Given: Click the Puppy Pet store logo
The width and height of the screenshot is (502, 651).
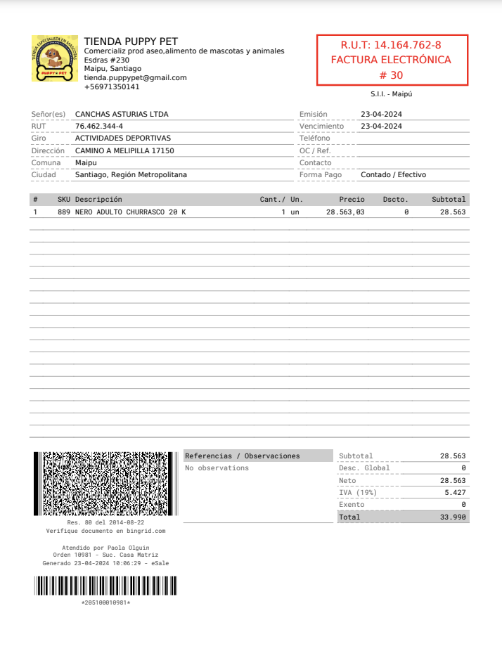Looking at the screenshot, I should click(55, 58).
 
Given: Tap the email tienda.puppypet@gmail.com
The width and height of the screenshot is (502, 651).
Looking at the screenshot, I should click(135, 77).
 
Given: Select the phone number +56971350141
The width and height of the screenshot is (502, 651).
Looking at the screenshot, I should click(112, 86).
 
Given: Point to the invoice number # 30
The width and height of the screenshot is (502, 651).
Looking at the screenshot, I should click(391, 75).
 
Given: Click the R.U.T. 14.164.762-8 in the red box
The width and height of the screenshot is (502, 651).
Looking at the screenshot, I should click(391, 45).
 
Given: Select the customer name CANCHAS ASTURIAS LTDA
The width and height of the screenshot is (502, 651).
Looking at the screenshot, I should click(122, 114).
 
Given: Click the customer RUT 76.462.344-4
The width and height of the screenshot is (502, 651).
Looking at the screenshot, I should click(99, 126).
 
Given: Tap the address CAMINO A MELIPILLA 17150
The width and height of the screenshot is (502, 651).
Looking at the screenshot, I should click(124, 150).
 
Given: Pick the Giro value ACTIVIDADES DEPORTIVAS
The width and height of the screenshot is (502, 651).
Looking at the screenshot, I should click(123, 138).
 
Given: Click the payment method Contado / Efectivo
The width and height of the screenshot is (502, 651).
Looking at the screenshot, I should click(393, 174).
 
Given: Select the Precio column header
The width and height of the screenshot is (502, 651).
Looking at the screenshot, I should click(352, 200).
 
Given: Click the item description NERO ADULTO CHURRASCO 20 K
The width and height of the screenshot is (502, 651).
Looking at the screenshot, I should click(131, 212).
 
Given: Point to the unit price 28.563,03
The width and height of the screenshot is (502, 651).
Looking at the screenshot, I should click(345, 212).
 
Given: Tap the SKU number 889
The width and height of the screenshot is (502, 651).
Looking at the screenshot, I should click(63, 212).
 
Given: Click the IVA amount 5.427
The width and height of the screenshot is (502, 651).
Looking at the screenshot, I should click(455, 493).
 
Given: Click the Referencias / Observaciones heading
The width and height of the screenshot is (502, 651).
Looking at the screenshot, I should click(242, 456).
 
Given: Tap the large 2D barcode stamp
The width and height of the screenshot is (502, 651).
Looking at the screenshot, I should click(105, 484).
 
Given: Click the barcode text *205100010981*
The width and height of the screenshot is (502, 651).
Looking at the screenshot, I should click(105, 602).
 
